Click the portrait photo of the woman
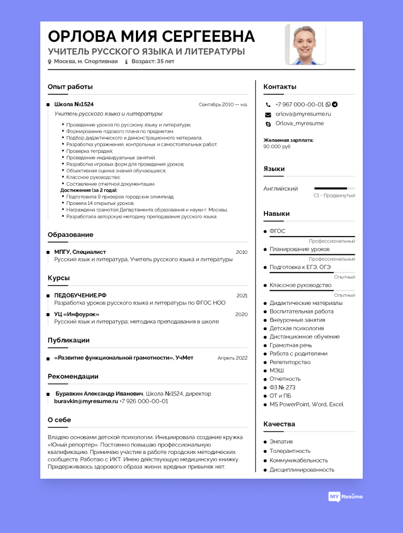[x=305, y=45]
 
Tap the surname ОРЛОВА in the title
[x=81, y=36]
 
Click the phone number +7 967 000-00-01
[x=299, y=104]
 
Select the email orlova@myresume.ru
[x=303, y=114]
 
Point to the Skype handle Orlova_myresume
[x=299, y=123]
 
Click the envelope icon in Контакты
[x=268, y=115]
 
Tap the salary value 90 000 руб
[x=277, y=146]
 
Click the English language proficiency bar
[x=334, y=188]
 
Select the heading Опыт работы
[x=70, y=87]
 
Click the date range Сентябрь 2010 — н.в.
[x=223, y=104]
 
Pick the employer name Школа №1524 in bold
[x=74, y=104]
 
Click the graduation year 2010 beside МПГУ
[x=241, y=252]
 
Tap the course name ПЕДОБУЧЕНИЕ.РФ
[x=80, y=295]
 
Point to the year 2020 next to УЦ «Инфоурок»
[x=241, y=314]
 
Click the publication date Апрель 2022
[x=232, y=358]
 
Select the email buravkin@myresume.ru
[x=86, y=401]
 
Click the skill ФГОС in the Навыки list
[x=277, y=231]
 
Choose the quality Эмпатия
[x=281, y=442]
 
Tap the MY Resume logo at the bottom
[x=346, y=496]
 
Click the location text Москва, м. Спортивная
[x=85, y=61]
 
